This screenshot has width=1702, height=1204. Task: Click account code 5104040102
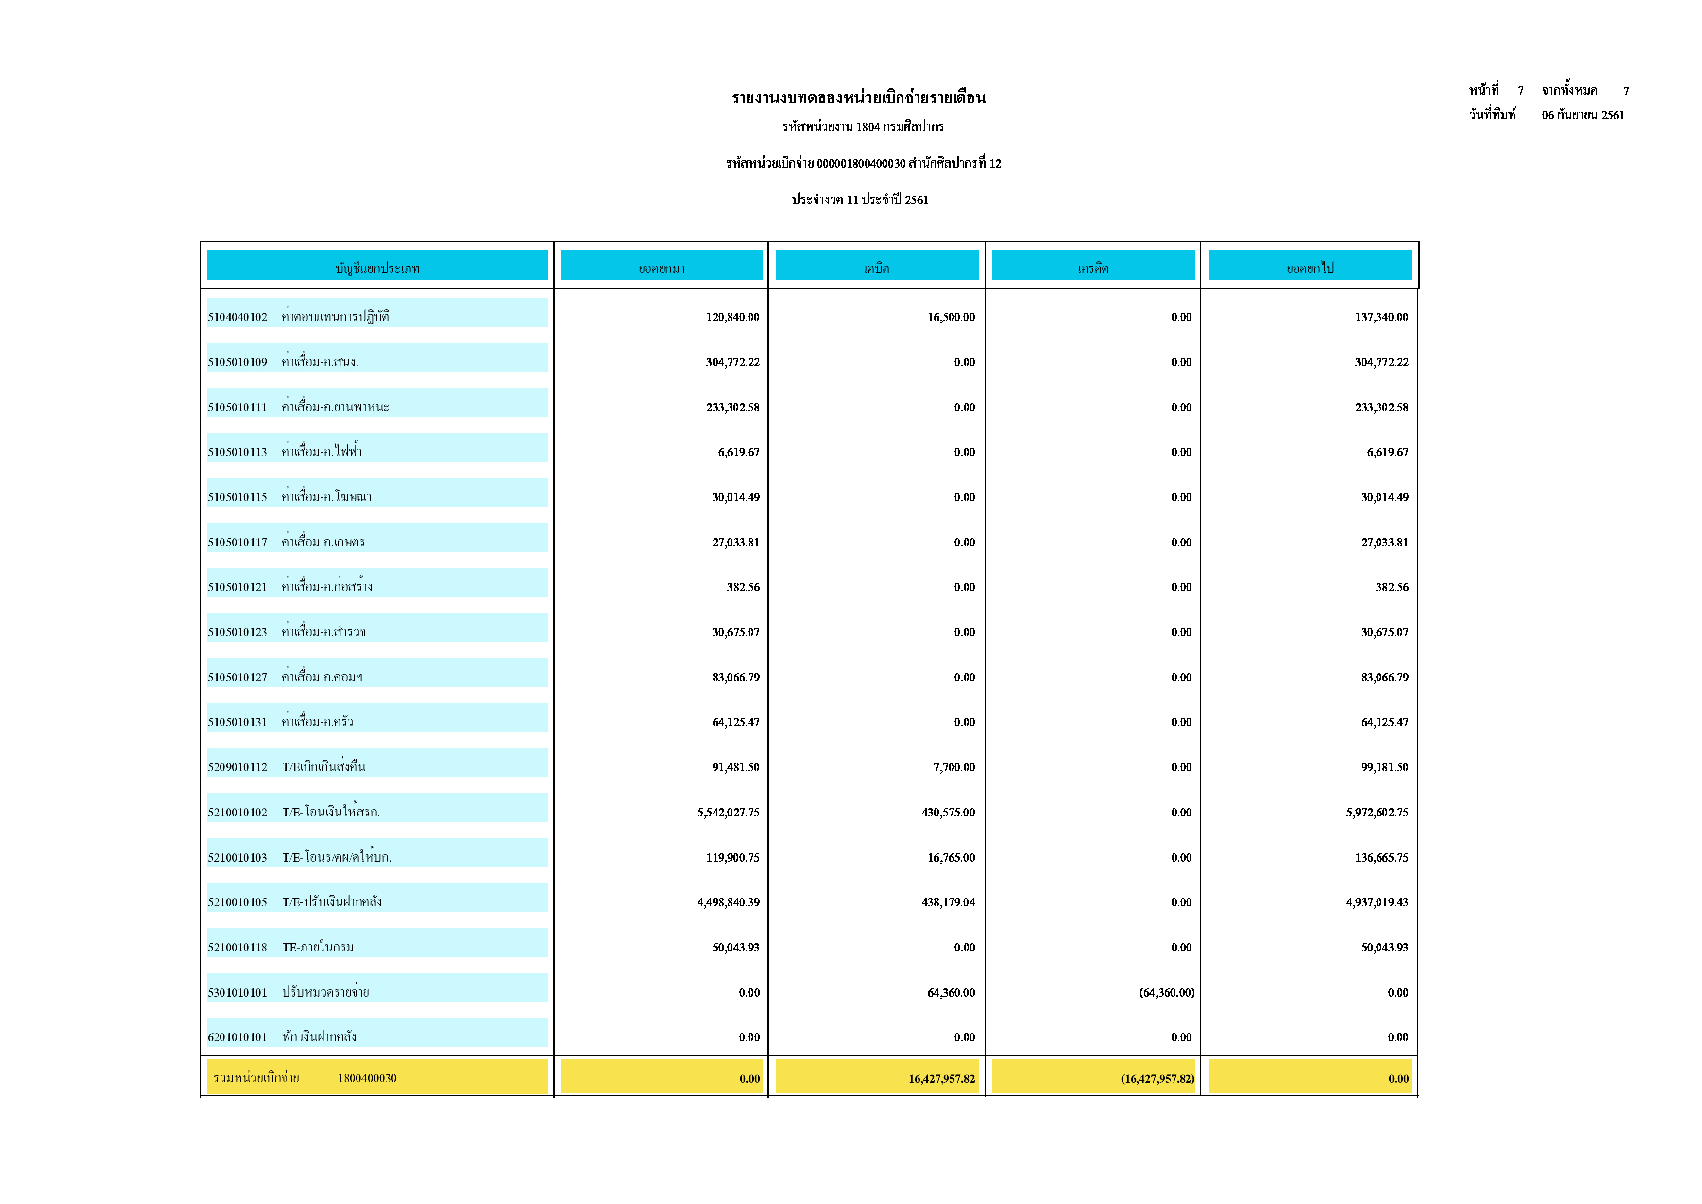pyautogui.click(x=237, y=317)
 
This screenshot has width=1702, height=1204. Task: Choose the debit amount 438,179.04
pyautogui.click(x=948, y=902)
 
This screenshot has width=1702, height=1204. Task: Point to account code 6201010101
pyautogui.click(x=237, y=1037)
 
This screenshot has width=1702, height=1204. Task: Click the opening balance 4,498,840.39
pyautogui.click(x=728, y=902)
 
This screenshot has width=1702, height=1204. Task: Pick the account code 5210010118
pyautogui.click(x=237, y=948)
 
